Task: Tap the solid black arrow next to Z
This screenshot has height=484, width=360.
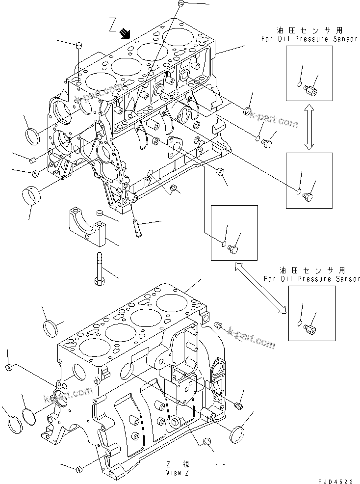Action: (126, 33)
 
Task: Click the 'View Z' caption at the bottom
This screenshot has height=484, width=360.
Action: (177, 473)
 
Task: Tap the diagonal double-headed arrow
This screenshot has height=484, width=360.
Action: (260, 287)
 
